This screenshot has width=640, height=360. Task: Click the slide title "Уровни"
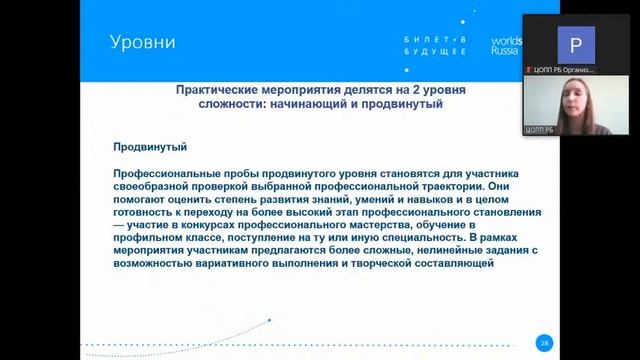tap(142, 43)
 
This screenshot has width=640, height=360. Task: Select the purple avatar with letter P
tap(574, 44)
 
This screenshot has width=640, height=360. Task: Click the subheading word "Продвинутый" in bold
tap(151, 147)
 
